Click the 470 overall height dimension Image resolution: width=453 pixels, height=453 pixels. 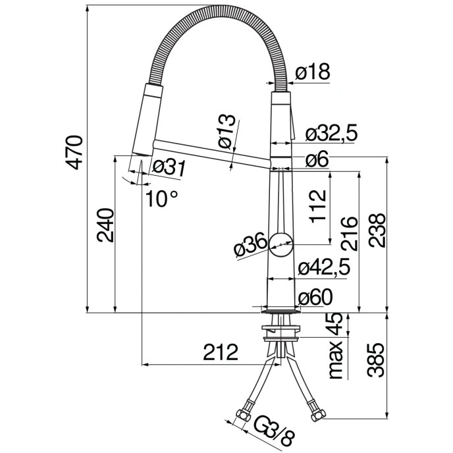point(76,152)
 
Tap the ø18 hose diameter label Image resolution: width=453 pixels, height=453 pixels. point(312,72)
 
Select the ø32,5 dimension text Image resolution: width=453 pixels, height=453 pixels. point(331,134)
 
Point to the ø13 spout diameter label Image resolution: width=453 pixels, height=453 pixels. point(225,130)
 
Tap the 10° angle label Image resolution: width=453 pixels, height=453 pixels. point(162,197)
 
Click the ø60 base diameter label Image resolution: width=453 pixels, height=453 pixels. point(314,297)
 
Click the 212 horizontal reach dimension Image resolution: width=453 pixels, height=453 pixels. point(220,353)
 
